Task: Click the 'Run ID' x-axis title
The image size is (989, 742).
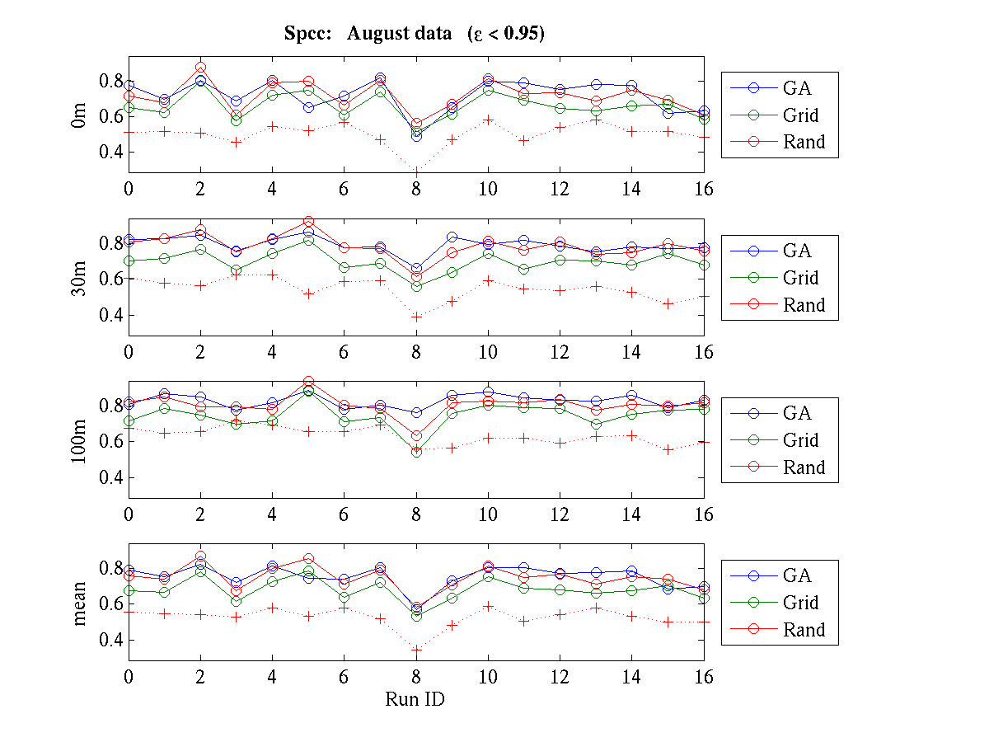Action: pos(415,699)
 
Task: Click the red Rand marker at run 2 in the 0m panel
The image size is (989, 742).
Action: pos(200,68)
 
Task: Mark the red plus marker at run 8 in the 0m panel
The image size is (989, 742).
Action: pos(416,171)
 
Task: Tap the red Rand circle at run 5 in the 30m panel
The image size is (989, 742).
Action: pos(308,222)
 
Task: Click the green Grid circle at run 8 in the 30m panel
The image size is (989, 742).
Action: pos(416,287)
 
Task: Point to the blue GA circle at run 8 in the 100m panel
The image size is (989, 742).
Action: pos(416,413)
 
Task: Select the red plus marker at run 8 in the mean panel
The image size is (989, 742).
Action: pos(416,650)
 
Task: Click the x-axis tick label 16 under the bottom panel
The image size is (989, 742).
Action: pos(703,678)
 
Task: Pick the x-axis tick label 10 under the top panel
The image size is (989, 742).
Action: pos(488,190)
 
